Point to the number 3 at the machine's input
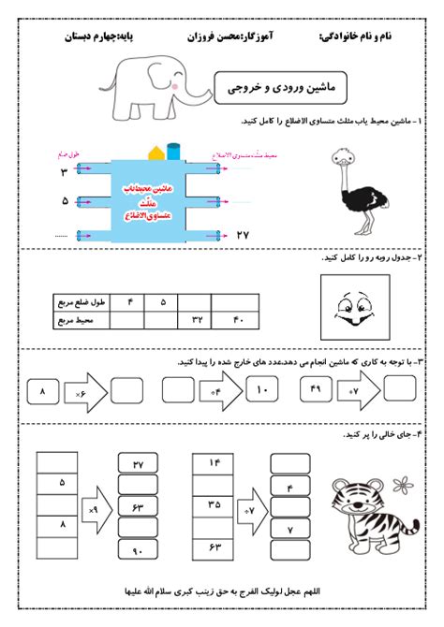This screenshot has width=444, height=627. pos(65,173)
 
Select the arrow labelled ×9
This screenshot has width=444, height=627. pos(95,511)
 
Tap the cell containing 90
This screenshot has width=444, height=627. pos(138,551)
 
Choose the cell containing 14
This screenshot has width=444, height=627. pos(214,463)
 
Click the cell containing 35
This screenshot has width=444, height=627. pos(214,504)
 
